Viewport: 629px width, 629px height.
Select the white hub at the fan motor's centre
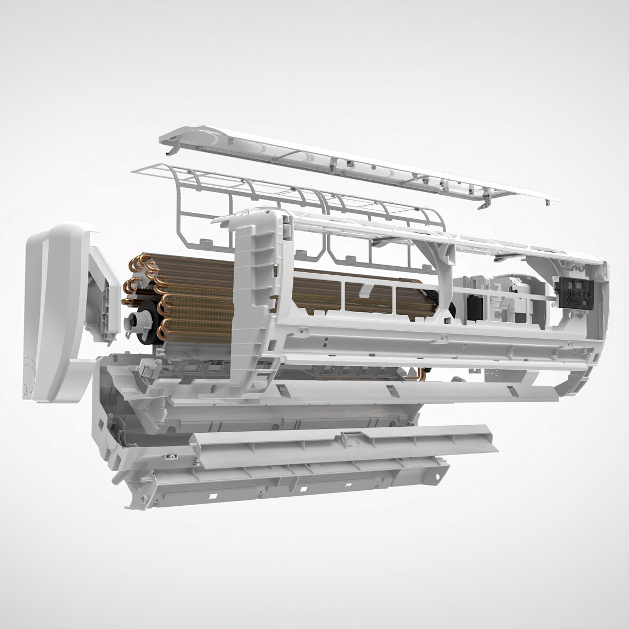(x=133, y=323)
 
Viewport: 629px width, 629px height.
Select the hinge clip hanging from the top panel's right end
(x=484, y=204)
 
